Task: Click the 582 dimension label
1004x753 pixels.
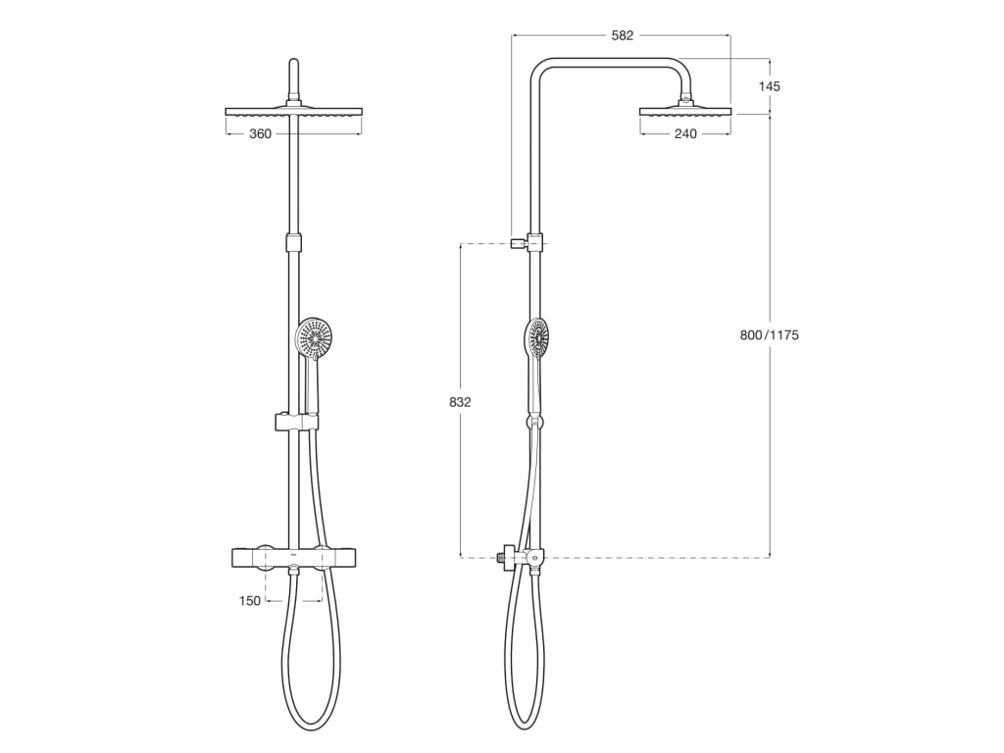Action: pyautogui.click(x=622, y=35)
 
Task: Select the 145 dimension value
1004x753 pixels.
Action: pyautogui.click(x=770, y=86)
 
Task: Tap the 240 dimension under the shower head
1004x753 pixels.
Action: pyautogui.click(x=685, y=133)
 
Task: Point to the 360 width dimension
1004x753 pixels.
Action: pyautogui.click(x=260, y=133)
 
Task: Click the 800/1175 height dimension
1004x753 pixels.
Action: pyautogui.click(x=770, y=335)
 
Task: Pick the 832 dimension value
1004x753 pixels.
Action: pyautogui.click(x=460, y=402)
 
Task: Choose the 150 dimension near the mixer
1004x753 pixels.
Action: pyautogui.click(x=250, y=601)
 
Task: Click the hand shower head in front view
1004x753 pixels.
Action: pyautogui.click(x=315, y=336)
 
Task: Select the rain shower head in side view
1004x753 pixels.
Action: pyautogui.click(x=685, y=110)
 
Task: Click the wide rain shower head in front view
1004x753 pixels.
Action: pyautogui.click(x=293, y=112)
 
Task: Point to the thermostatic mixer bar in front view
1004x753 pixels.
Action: pyautogui.click(x=293, y=557)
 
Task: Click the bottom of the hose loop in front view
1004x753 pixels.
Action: pyautogui.click(x=312, y=727)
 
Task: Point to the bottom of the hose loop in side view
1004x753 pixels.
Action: pyautogui.click(x=525, y=727)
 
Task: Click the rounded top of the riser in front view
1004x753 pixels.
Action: pyautogui.click(x=293, y=65)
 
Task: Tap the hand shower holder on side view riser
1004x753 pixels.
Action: pyautogui.click(x=534, y=422)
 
